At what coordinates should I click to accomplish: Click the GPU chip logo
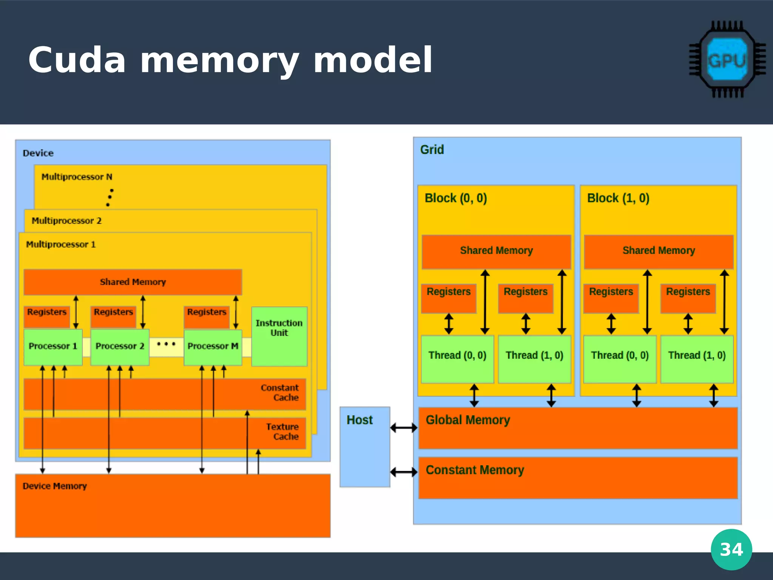point(727,60)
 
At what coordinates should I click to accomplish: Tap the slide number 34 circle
point(731,549)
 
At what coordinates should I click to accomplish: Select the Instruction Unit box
point(279,336)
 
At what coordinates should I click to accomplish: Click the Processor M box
point(213,347)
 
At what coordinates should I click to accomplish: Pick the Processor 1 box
point(53,347)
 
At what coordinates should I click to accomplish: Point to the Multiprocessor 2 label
point(66,221)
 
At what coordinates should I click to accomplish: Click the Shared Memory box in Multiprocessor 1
point(133,282)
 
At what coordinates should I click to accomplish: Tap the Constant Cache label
point(280,393)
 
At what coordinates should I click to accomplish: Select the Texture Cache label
point(282,432)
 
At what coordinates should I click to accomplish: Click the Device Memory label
point(55,486)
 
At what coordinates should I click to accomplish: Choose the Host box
point(365,447)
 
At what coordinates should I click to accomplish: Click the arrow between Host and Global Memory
point(404,428)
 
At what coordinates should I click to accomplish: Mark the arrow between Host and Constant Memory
point(404,472)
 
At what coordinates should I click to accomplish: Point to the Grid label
point(432,150)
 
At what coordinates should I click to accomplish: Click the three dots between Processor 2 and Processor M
point(166,344)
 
